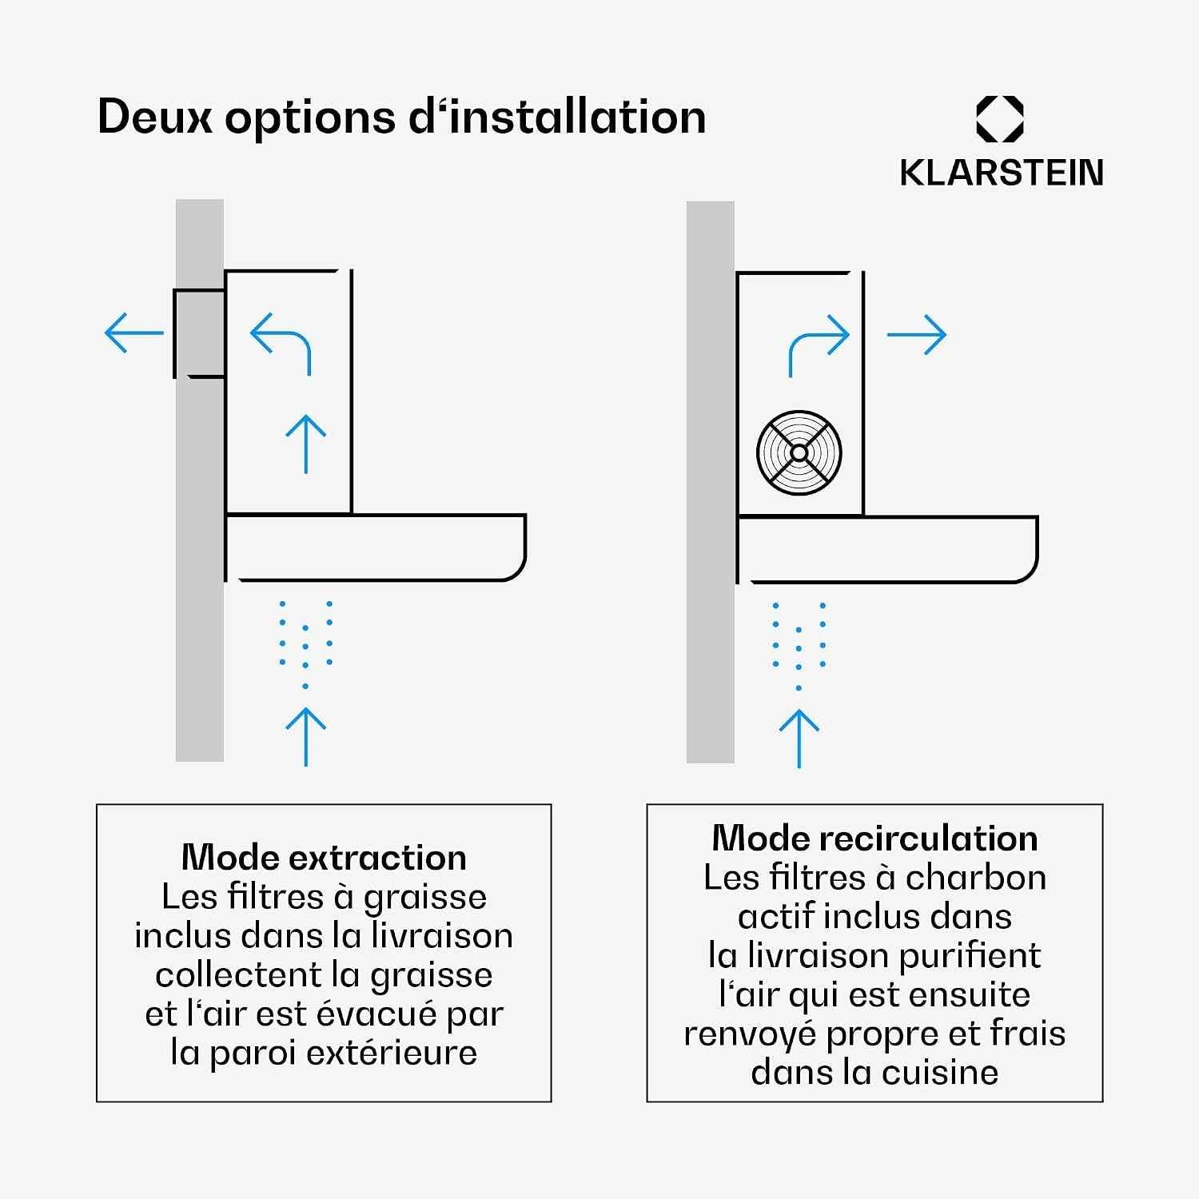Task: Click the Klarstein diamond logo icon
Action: (1000, 119)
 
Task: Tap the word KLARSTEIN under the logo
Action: (1002, 173)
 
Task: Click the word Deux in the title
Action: (155, 117)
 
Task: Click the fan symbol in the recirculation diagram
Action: (799, 452)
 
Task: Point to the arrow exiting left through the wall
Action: (133, 333)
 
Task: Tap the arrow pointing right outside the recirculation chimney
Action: (917, 335)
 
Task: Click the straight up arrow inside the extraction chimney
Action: (306, 444)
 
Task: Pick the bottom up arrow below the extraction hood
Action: (306, 736)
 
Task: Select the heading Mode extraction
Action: (325, 858)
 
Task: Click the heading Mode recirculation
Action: (875, 839)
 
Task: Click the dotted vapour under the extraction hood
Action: (305, 643)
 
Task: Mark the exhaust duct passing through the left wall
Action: (199, 333)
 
